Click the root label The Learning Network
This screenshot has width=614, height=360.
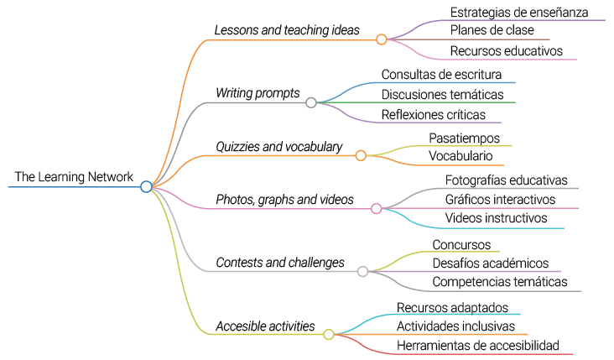(x=74, y=177)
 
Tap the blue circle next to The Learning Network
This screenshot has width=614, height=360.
(x=146, y=186)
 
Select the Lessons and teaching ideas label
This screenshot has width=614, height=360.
(x=286, y=30)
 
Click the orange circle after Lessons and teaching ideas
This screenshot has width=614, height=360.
(x=382, y=39)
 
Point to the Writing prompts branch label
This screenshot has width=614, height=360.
(x=257, y=93)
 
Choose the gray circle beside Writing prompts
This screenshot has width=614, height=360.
(x=311, y=102)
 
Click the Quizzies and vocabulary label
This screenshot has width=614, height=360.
(x=278, y=147)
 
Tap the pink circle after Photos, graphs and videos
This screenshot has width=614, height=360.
(x=376, y=209)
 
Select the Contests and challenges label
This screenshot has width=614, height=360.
(x=279, y=263)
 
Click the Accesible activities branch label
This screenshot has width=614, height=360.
(x=265, y=326)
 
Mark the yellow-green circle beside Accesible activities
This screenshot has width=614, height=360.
(x=329, y=334)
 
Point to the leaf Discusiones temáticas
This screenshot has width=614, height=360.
(x=442, y=94)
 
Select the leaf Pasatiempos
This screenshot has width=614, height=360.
(x=464, y=138)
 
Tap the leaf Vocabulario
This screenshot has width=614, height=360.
(x=460, y=156)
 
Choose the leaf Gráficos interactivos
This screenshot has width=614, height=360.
(x=500, y=200)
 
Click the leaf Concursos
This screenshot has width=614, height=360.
(x=460, y=244)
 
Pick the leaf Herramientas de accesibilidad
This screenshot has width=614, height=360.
(x=477, y=345)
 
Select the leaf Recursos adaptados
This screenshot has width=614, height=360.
(x=452, y=308)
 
